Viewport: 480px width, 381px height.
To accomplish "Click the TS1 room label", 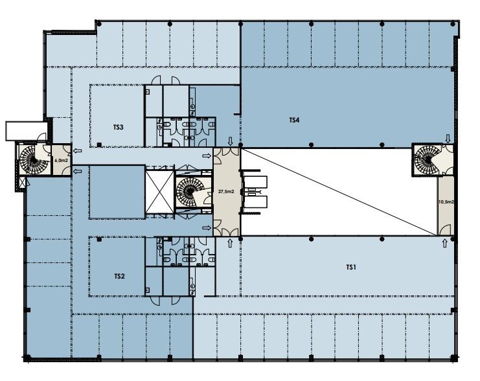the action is tap(351, 268).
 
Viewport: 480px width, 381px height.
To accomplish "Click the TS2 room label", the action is tap(119, 276).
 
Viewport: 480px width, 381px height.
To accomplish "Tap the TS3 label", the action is tap(118, 127).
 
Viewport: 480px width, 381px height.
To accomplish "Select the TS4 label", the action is tap(294, 120).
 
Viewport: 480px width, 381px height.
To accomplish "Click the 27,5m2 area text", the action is tap(226, 191).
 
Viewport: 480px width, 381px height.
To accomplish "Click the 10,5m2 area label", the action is tap(446, 202).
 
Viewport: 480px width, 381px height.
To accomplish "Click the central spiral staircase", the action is tap(187, 192).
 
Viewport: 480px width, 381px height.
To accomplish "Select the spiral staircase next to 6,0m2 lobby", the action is tap(30, 159).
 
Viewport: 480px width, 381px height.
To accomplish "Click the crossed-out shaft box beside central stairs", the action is tap(160, 192).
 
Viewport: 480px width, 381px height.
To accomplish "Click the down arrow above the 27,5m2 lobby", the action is tap(231, 141).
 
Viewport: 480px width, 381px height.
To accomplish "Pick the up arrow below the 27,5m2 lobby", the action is tap(230, 244).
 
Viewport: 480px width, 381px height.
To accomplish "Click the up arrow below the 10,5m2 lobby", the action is tap(445, 244).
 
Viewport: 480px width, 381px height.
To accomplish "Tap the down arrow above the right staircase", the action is tap(448, 139).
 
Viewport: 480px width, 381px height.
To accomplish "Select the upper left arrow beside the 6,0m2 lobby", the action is tap(78, 150).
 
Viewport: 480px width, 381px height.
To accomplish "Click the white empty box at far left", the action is tap(27, 131).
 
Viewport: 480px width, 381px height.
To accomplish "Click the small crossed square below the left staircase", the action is tap(22, 183).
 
